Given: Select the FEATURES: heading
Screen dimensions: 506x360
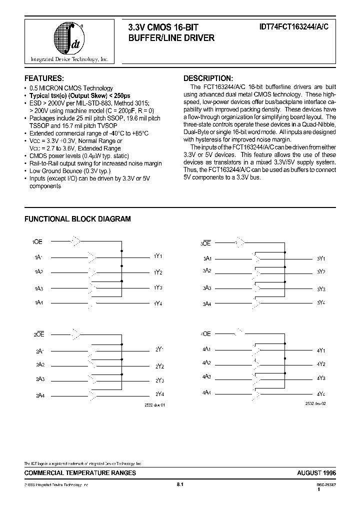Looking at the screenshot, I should [44, 78].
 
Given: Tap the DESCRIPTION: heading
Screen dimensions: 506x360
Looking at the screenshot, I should [208, 78].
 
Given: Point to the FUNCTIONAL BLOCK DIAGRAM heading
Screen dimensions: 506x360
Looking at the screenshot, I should [78, 218].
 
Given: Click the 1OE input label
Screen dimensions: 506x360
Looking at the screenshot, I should [37, 241].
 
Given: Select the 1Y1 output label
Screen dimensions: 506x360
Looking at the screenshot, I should [158, 256].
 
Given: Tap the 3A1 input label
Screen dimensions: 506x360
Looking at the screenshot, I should [207, 258].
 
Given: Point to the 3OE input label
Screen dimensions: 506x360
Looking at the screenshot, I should [205, 243].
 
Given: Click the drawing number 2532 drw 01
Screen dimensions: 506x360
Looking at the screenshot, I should [154, 405].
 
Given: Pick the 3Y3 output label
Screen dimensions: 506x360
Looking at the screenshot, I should [321, 289].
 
